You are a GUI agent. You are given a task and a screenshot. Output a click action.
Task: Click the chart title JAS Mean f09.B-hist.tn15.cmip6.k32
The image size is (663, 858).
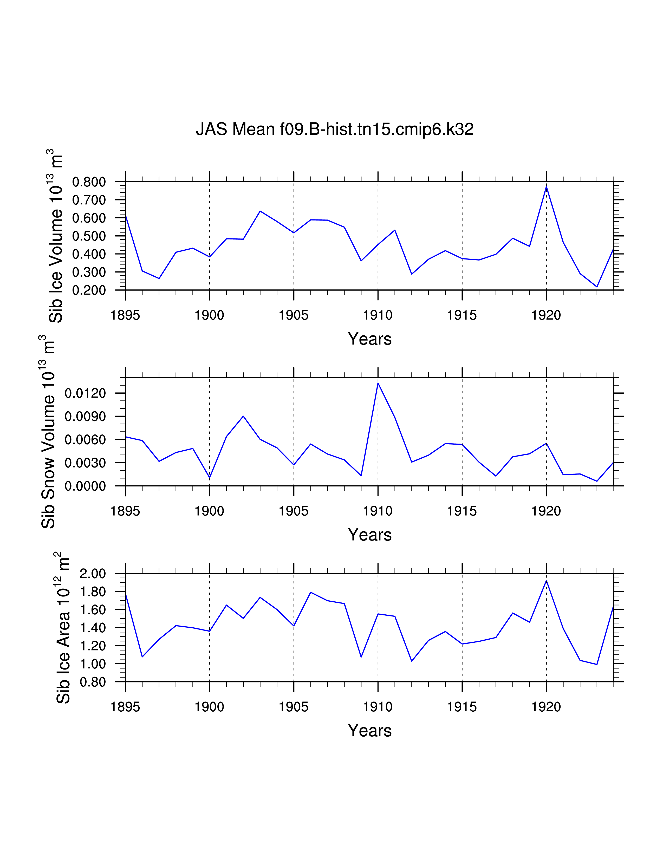[x=335, y=129]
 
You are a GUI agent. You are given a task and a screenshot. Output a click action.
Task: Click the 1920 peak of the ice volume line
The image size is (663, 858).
[x=546, y=187]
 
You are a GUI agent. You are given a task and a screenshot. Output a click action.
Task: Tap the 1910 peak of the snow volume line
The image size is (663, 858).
[x=378, y=383]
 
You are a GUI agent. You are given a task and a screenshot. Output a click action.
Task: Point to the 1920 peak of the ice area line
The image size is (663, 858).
[x=546, y=581]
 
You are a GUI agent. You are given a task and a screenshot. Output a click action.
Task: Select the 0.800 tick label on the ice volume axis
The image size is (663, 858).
[x=89, y=182]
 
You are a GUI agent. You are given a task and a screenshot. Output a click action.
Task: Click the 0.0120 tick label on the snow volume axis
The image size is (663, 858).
[x=85, y=393]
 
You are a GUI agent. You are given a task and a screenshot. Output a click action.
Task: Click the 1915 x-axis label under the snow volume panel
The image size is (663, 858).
[x=462, y=511]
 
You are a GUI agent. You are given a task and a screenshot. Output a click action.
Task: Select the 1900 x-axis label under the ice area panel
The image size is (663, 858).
[x=209, y=707]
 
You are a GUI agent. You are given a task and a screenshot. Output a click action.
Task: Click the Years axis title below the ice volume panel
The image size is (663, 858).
[x=370, y=339]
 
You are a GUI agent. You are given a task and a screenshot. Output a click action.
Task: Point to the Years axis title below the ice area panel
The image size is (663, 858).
[x=370, y=730]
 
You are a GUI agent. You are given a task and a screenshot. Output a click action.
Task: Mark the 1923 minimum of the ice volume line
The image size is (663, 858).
[x=597, y=287]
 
